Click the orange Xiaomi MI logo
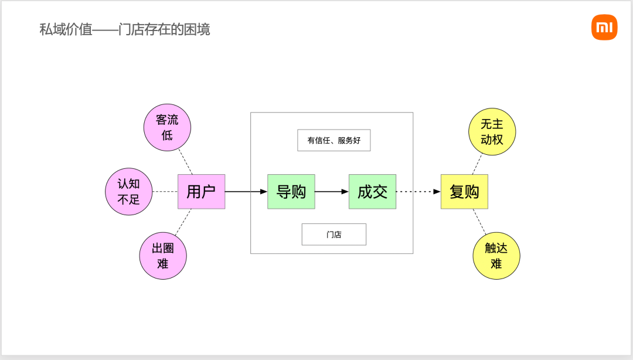pos(604,27)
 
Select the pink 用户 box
pos(201,191)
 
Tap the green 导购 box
pos(291,191)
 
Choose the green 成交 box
pos(372,191)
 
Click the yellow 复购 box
pos(464,191)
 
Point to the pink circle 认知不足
pos(128,191)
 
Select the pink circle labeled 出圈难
pos(162,256)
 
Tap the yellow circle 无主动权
pos(492,132)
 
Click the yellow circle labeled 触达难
pos(496,256)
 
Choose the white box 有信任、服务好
pos(333,140)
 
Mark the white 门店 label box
pos(333,234)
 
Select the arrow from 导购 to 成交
pos(332,191)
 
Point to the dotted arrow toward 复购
pos(418,191)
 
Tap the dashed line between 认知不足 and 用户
pos(165,191)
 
